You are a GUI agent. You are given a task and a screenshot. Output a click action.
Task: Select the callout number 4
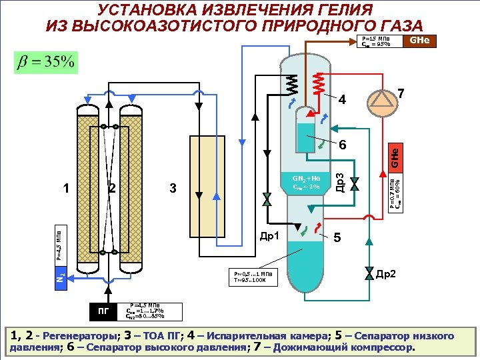341,101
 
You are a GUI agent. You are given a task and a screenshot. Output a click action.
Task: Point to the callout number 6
341,145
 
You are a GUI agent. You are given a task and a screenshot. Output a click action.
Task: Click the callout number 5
337,237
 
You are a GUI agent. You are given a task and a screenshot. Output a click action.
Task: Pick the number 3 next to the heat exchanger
173,189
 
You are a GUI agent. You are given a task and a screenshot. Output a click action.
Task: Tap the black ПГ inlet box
104,310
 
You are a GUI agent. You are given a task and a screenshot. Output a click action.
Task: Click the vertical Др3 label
340,183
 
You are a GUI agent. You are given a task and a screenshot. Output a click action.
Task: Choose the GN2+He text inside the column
307,179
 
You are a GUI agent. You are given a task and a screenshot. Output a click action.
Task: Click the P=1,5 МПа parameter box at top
381,42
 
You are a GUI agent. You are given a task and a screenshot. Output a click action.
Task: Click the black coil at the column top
291,83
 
